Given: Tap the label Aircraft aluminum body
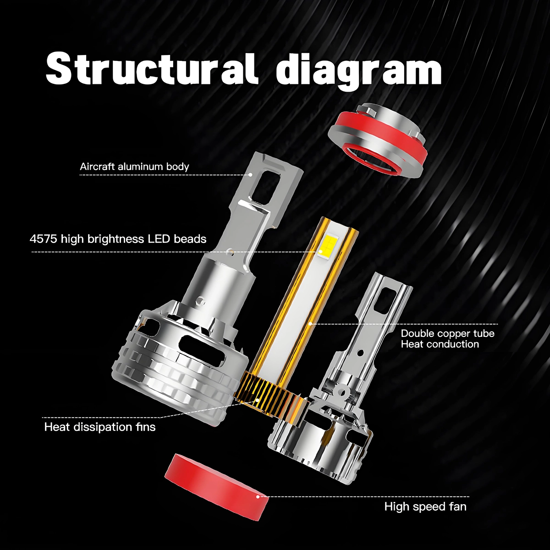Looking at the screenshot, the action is (x=134, y=166).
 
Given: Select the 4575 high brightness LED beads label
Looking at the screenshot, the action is (x=118, y=239).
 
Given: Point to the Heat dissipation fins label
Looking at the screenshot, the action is (x=100, y=427).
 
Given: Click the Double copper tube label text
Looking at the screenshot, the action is (x=447, y=333).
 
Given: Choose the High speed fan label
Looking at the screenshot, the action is (x=425, y=506).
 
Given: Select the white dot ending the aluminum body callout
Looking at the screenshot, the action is (x=251, y=174).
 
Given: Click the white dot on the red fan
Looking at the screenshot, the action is (x=258, y=497).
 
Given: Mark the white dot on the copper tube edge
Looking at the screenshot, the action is (x=311, y=324).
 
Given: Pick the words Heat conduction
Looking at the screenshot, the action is (x=440, y=344).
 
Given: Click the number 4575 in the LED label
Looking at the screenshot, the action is (x=43, y=239).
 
